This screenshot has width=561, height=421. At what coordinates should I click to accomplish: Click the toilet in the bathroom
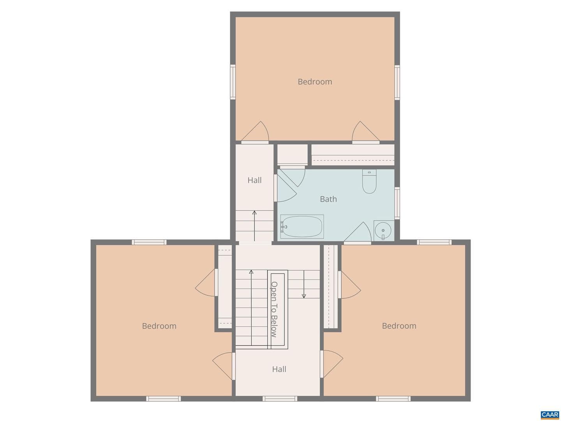[369, 181]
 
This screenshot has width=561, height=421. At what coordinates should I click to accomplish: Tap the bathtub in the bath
[302, 226]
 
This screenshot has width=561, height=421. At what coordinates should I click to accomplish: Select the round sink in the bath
[383, 230]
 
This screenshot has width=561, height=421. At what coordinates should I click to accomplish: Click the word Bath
[328, 199]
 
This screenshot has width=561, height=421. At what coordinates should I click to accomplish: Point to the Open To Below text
[274, 309]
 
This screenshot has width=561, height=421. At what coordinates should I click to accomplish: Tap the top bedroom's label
[315, 81]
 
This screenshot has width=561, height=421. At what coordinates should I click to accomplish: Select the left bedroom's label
[159, 326]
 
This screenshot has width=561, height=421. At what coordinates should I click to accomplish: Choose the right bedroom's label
[399, 325]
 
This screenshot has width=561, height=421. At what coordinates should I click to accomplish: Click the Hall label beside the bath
[254, 180]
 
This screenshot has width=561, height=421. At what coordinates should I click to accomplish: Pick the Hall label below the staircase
[279, 369]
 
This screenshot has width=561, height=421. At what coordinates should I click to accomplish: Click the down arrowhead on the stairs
[303, 296]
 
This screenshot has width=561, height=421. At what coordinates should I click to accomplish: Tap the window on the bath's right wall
[397, 203]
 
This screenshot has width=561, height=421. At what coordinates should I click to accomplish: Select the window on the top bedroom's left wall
[233, 82]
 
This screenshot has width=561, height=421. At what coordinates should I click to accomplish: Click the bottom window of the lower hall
[280, 398]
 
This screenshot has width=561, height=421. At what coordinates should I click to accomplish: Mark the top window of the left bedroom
[149, 242]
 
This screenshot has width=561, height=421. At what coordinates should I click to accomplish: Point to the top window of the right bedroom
[434, 242]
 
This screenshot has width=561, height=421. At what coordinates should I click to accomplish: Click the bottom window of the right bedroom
[393, 398]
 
